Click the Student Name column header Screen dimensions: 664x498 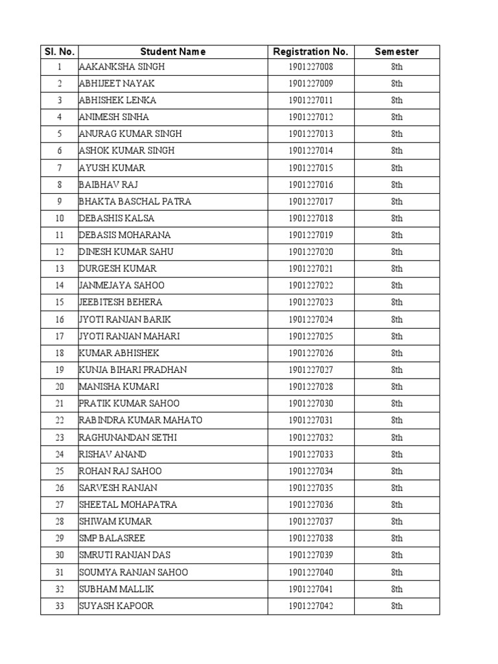(x=172, y=51)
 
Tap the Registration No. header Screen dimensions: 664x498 (x=311, y=51)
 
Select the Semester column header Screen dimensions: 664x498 (x=396, y=51)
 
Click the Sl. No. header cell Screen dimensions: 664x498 (x=59, y=51)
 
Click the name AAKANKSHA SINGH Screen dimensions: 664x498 (x=121, y=67)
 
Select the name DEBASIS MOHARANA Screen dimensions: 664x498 (x=124, y=235)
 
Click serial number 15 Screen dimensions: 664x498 (x=60, y=302)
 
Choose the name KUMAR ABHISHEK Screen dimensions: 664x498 (x=119, y=353)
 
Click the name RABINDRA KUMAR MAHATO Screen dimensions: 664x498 (x=140, y=420)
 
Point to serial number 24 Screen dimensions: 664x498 (x=60, y=454)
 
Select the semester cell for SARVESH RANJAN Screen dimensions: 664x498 (x=396, y=488)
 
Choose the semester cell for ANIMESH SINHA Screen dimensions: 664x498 (x=396, y=117)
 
